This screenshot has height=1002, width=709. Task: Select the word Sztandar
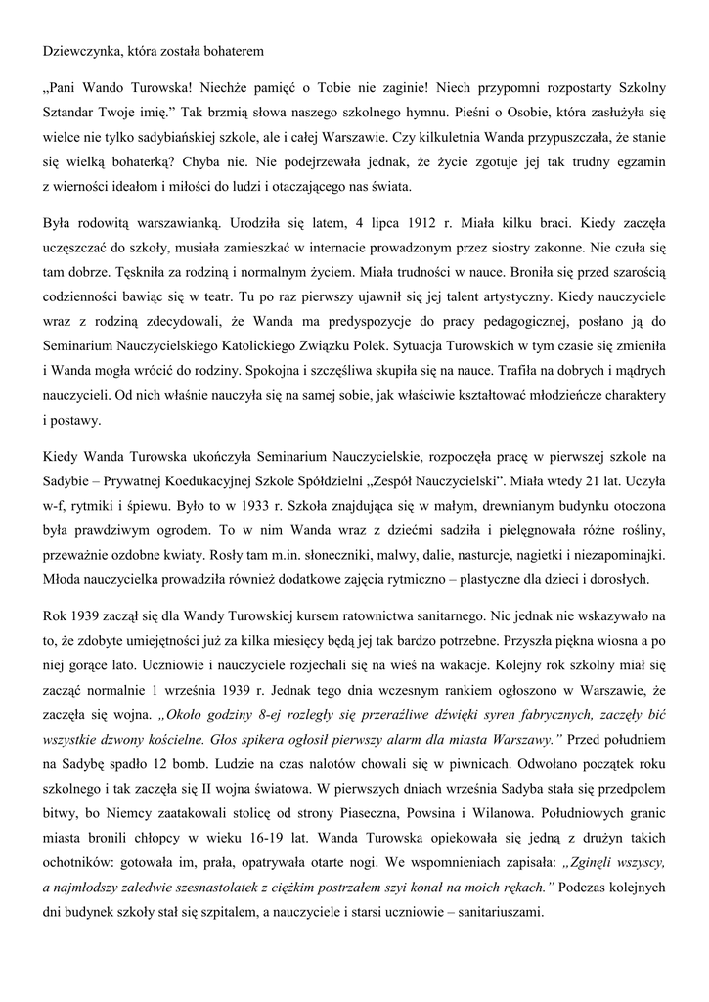pos(71,111)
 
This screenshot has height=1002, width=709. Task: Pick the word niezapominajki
pos(622,585)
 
